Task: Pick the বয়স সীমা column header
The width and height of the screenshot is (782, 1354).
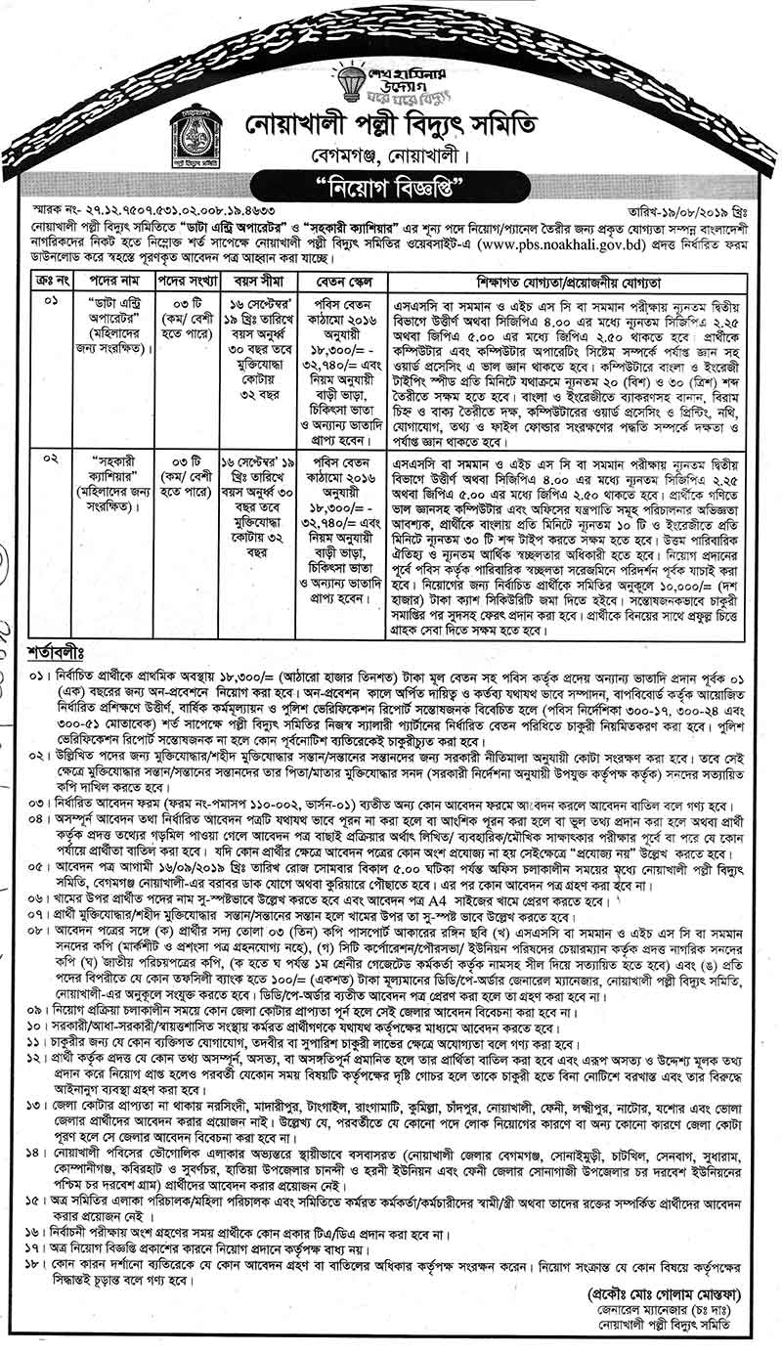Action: pos(257,277)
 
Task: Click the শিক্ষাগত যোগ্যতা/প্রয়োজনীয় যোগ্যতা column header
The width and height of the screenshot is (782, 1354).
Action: pos(582,277)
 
